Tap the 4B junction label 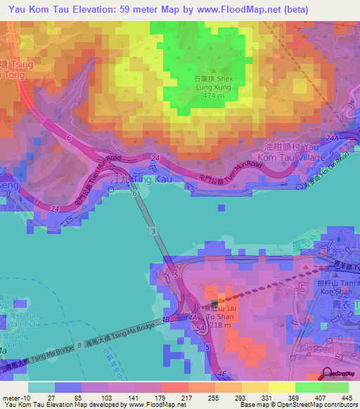pos(166,320)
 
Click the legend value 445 pos(345,396)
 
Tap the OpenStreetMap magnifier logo pos(328,374)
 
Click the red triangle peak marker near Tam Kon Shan pos(305,268)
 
